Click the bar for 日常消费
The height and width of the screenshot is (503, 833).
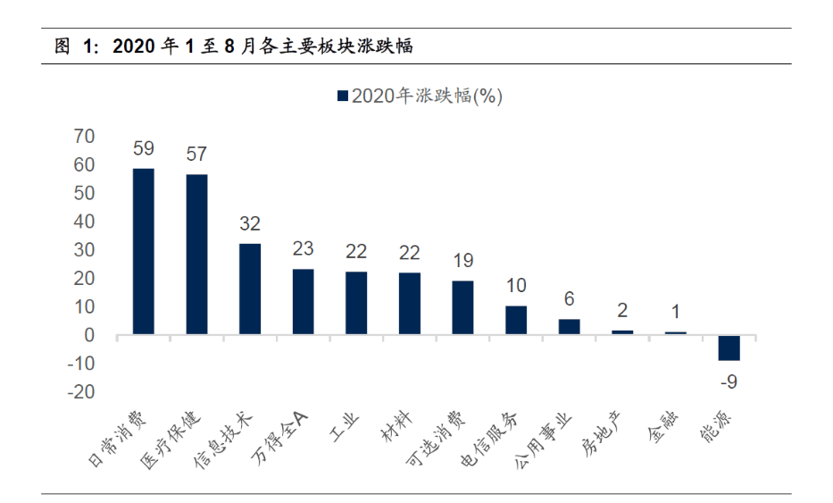click(143, 251)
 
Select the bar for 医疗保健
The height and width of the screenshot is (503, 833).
click(196, 255)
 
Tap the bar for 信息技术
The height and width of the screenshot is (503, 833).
click(250, 289)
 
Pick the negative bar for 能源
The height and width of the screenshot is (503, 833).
click(729, 348)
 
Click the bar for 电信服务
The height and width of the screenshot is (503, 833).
click(516, 320)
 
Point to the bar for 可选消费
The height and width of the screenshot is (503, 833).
click(462, 307)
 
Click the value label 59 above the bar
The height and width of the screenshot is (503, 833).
click(143, 149)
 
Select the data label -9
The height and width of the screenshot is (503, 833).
click(729, 381)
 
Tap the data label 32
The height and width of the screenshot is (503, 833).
click(250, 224)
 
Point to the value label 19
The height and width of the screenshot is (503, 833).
click(462, 262)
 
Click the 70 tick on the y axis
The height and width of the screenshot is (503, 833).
click(84, 136)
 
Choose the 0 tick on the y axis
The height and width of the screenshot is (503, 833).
click(89, 335)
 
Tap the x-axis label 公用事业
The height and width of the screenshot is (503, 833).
click(544, 442)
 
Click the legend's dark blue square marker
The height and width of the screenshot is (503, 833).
click(342, 96)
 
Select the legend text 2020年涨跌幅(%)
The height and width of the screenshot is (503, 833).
click(427, 96)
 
